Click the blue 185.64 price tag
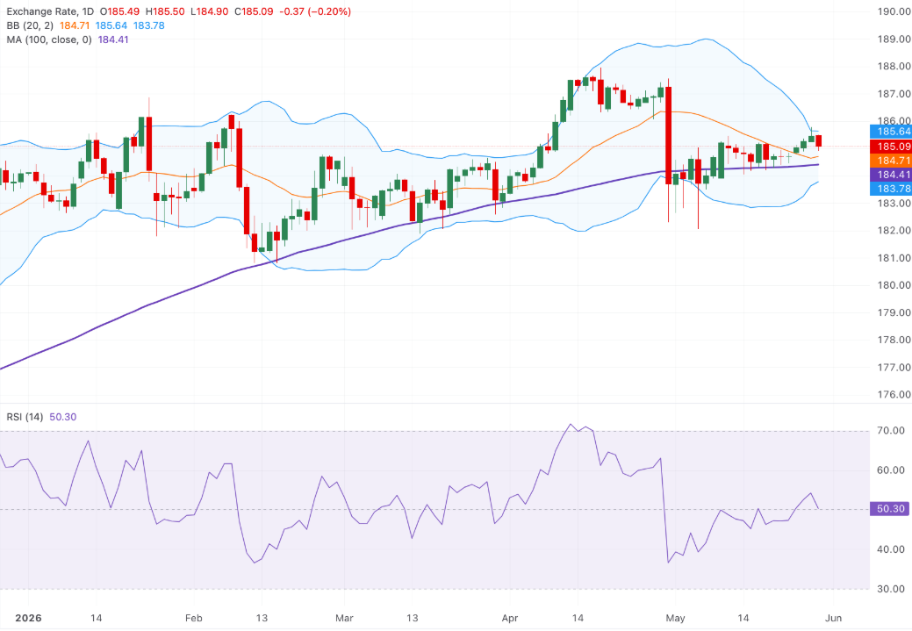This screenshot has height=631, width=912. click(890, 132)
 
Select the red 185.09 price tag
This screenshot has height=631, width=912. click(890, 147)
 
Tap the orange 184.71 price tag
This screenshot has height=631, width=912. click(890, 161)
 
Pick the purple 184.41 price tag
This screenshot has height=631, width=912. click(890, 175)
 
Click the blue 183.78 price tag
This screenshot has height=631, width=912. click(890, 189)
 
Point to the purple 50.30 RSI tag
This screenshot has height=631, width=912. click(890, 509)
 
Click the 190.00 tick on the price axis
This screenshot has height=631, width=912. click(894, 11)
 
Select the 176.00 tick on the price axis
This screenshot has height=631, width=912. click(894, 394)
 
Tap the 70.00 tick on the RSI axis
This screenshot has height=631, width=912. click(890, 431)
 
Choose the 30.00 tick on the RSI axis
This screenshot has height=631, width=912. click(890, 589)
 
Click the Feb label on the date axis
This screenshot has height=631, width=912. click(194, 618)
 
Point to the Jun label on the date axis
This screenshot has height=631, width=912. click(834, 618)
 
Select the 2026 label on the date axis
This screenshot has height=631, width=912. click(28, 618)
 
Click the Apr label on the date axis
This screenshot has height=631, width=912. click(509, 618)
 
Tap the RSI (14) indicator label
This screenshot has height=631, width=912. click(25, 417)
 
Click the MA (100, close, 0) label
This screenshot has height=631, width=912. click(49, 39)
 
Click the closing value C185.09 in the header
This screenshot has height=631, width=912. click(255, 11)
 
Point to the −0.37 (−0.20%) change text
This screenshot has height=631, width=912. click(315, 11)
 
